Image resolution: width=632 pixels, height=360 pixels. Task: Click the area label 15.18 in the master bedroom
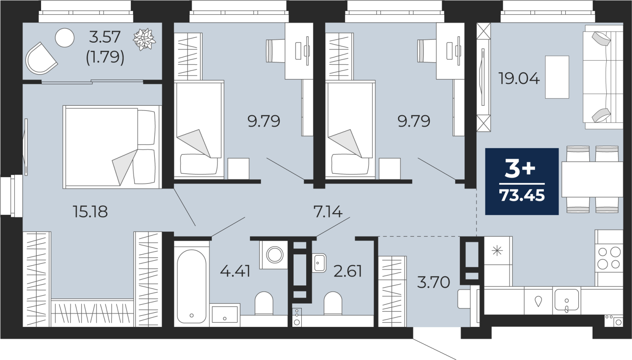[90, 212]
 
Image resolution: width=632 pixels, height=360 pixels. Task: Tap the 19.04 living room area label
[519, 79]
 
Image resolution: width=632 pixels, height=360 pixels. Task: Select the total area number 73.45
[522, 195]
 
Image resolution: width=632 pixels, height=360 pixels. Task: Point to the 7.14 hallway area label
[328, 212]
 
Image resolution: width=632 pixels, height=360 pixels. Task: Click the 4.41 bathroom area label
[235, 271]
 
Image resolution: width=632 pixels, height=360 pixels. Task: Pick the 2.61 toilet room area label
[348, 271]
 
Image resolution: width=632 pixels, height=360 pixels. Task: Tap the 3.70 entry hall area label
[433, 282]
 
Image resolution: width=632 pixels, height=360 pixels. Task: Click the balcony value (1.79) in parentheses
[105, 57]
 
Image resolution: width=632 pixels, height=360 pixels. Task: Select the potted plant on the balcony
[144, 39]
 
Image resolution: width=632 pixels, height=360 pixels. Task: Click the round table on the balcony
[65, 38]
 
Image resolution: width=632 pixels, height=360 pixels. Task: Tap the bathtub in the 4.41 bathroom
[192, 286]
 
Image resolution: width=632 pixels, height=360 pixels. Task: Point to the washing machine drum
[275, 255]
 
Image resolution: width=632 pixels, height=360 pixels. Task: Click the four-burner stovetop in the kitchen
[609, 258]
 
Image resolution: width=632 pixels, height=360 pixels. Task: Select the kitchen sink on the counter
[566, 300]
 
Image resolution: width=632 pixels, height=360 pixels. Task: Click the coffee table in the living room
[557, 77]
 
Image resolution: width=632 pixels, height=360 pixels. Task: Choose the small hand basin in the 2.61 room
[319, 262]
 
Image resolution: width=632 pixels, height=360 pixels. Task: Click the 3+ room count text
[520, 169]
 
